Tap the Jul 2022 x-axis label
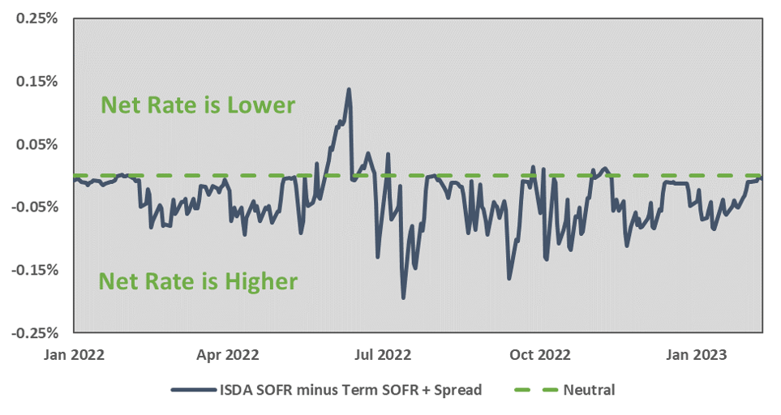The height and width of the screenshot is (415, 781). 384,354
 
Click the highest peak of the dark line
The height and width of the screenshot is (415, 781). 349,89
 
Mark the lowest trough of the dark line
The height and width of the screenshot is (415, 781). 403,298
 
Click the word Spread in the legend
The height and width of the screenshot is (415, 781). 458,390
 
